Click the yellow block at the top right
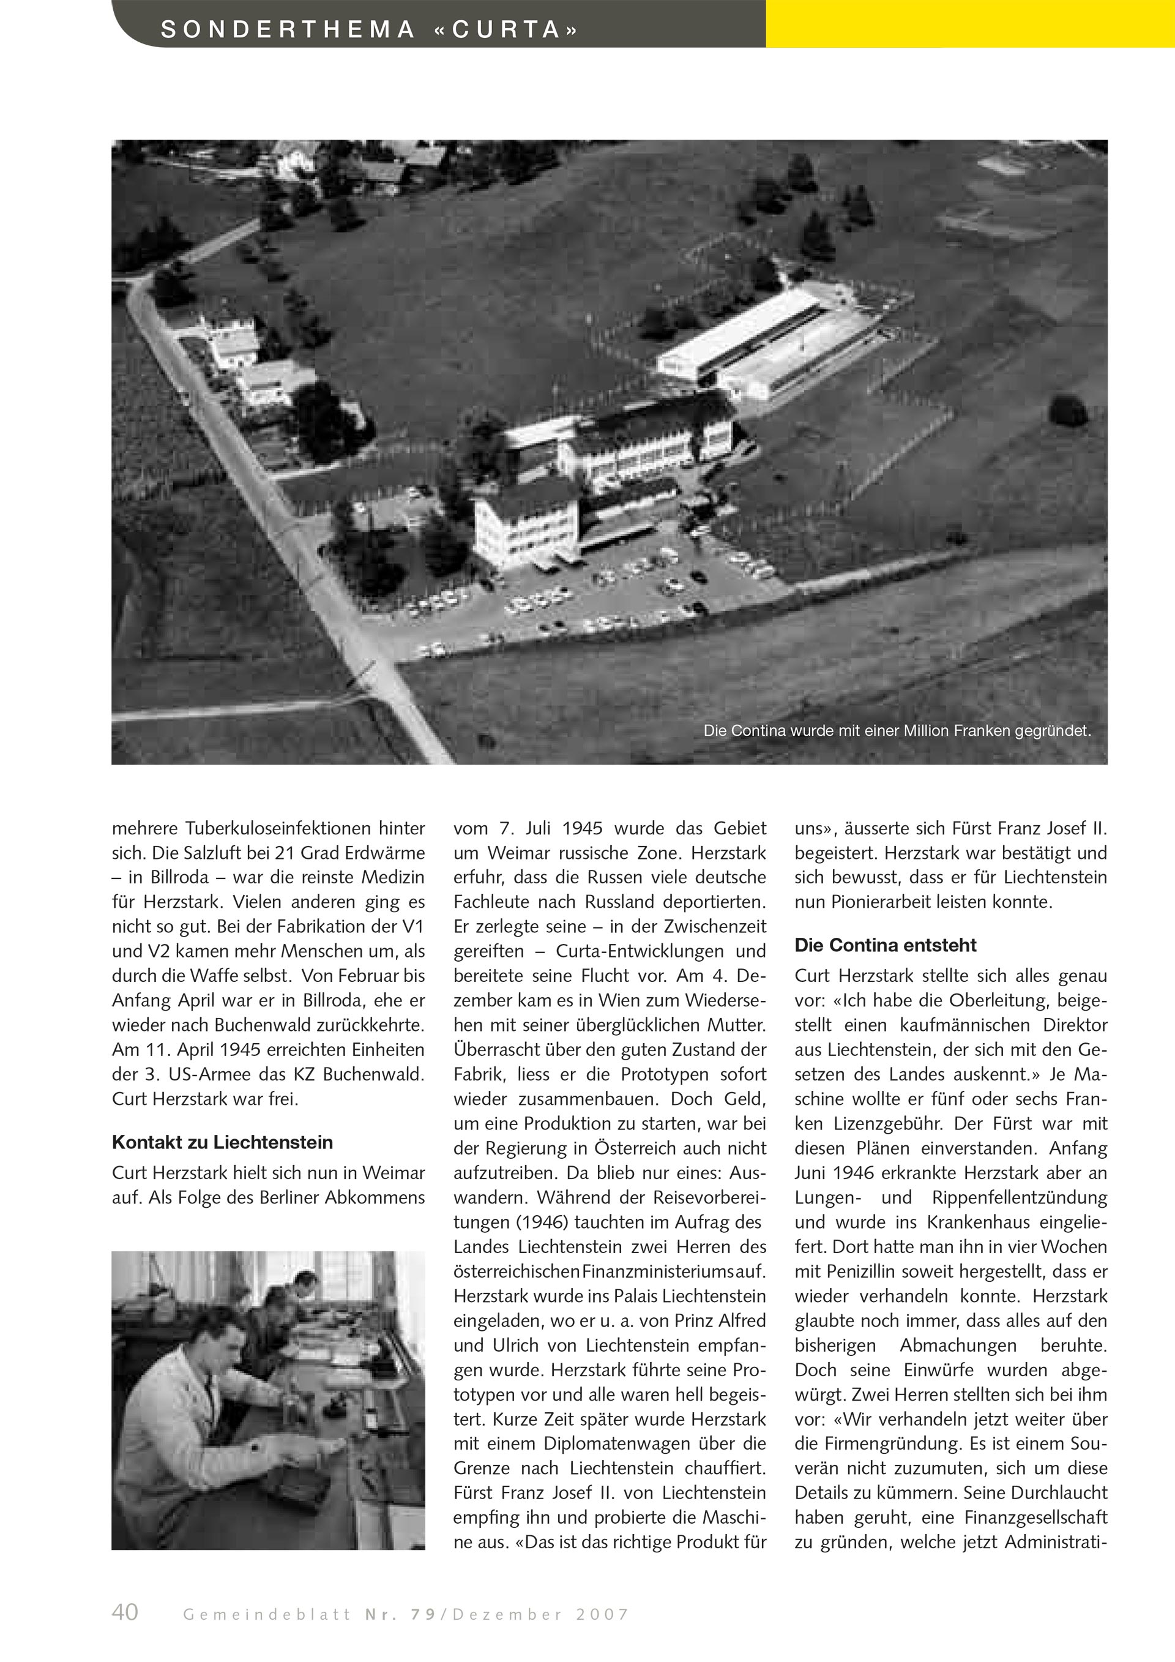click(x=969, y=23)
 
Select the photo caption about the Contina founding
click(x=897, y=731)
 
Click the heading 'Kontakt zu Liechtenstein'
click(x=222, y=1142)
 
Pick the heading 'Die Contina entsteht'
click(x=885, y=945)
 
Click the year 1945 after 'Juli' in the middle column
click(x=583, y=828)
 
